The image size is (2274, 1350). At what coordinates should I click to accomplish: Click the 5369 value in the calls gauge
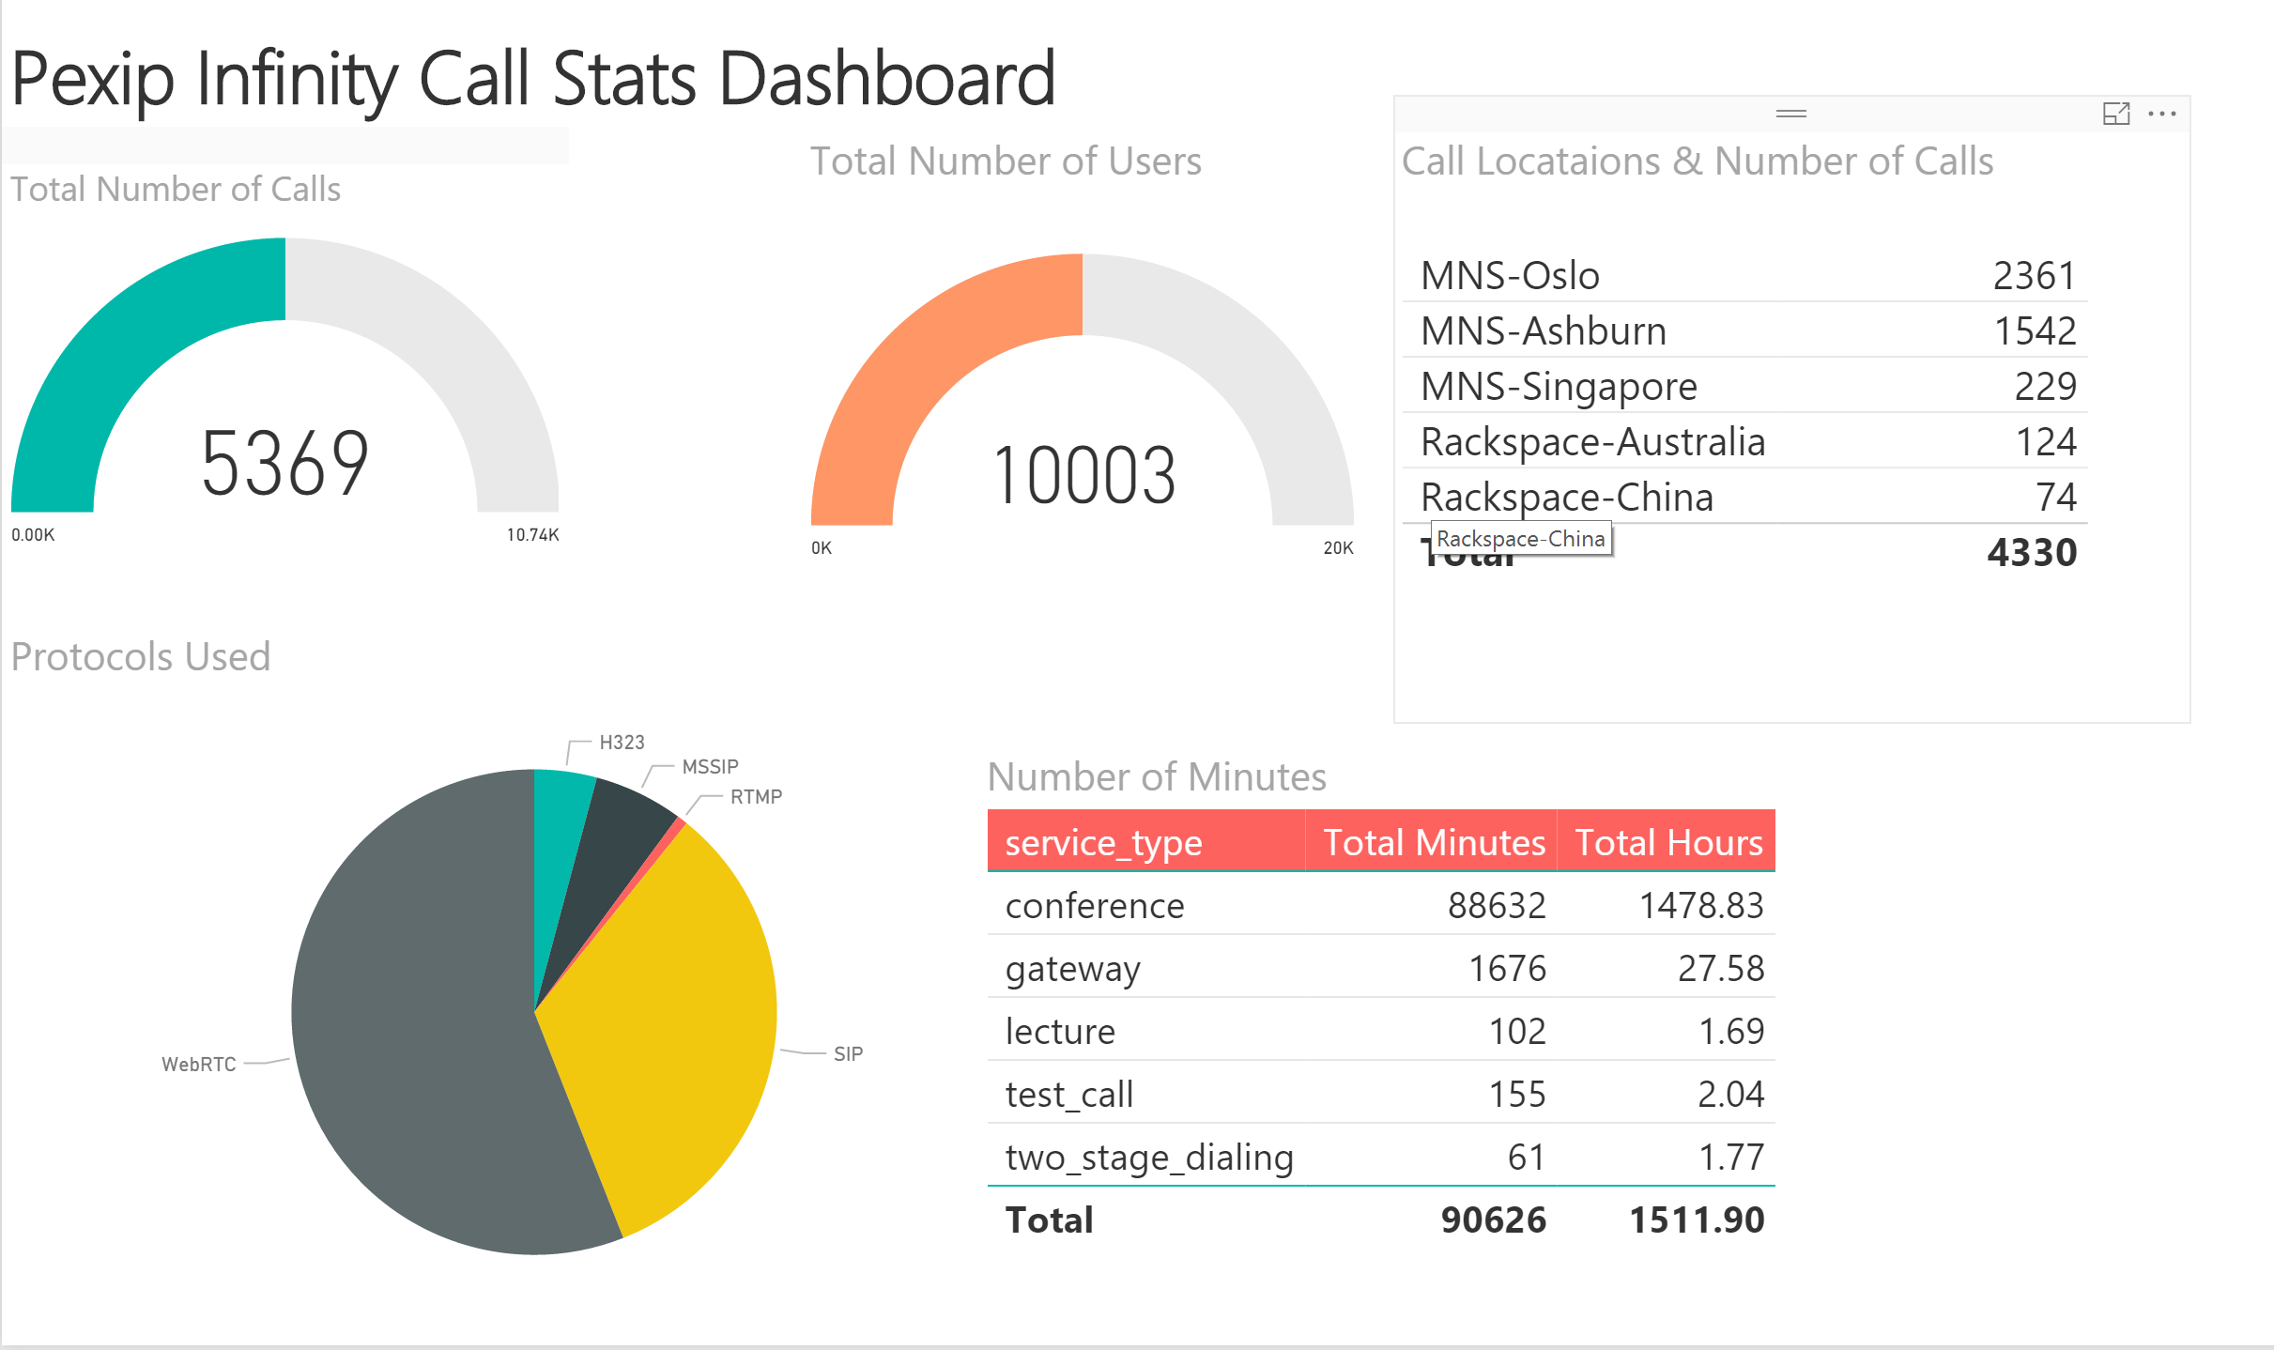(x=284, y=464)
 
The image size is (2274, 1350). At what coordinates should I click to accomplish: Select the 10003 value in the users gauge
(x=1083, y=477)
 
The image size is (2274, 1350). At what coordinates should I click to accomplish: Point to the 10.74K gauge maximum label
(x=532, y=535)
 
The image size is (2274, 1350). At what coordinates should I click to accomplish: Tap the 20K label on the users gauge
(x=1338, y=548)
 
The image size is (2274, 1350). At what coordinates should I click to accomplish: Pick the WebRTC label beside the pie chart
(x=198, y=1065)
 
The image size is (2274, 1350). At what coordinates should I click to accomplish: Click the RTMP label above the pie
(x=756, y=797)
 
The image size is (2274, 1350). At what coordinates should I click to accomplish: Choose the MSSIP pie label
(x=710, y=767)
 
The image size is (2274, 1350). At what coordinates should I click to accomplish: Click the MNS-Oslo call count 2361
(x=2034, y=276)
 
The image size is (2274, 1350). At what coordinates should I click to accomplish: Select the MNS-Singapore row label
(x=1559, y=387)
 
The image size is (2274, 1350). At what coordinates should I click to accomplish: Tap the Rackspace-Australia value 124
(x=2046, y=442)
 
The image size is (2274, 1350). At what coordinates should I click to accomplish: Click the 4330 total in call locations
(x=2032, y=553)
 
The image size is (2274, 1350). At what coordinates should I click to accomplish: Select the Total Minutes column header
(x=1434, y=843)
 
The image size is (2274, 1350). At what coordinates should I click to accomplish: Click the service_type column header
(x=1103, y=843)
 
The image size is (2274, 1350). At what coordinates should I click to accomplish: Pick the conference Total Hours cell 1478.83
(x=1700, y=906)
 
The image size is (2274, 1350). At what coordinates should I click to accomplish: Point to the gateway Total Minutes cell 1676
(x=1507, y=969)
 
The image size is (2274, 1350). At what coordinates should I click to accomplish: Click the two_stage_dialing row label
(x=1149, y=1158)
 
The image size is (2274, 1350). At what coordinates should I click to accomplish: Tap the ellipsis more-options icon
(x=2162, y=114)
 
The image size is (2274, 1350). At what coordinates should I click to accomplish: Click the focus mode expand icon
(x=2116, y=114)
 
